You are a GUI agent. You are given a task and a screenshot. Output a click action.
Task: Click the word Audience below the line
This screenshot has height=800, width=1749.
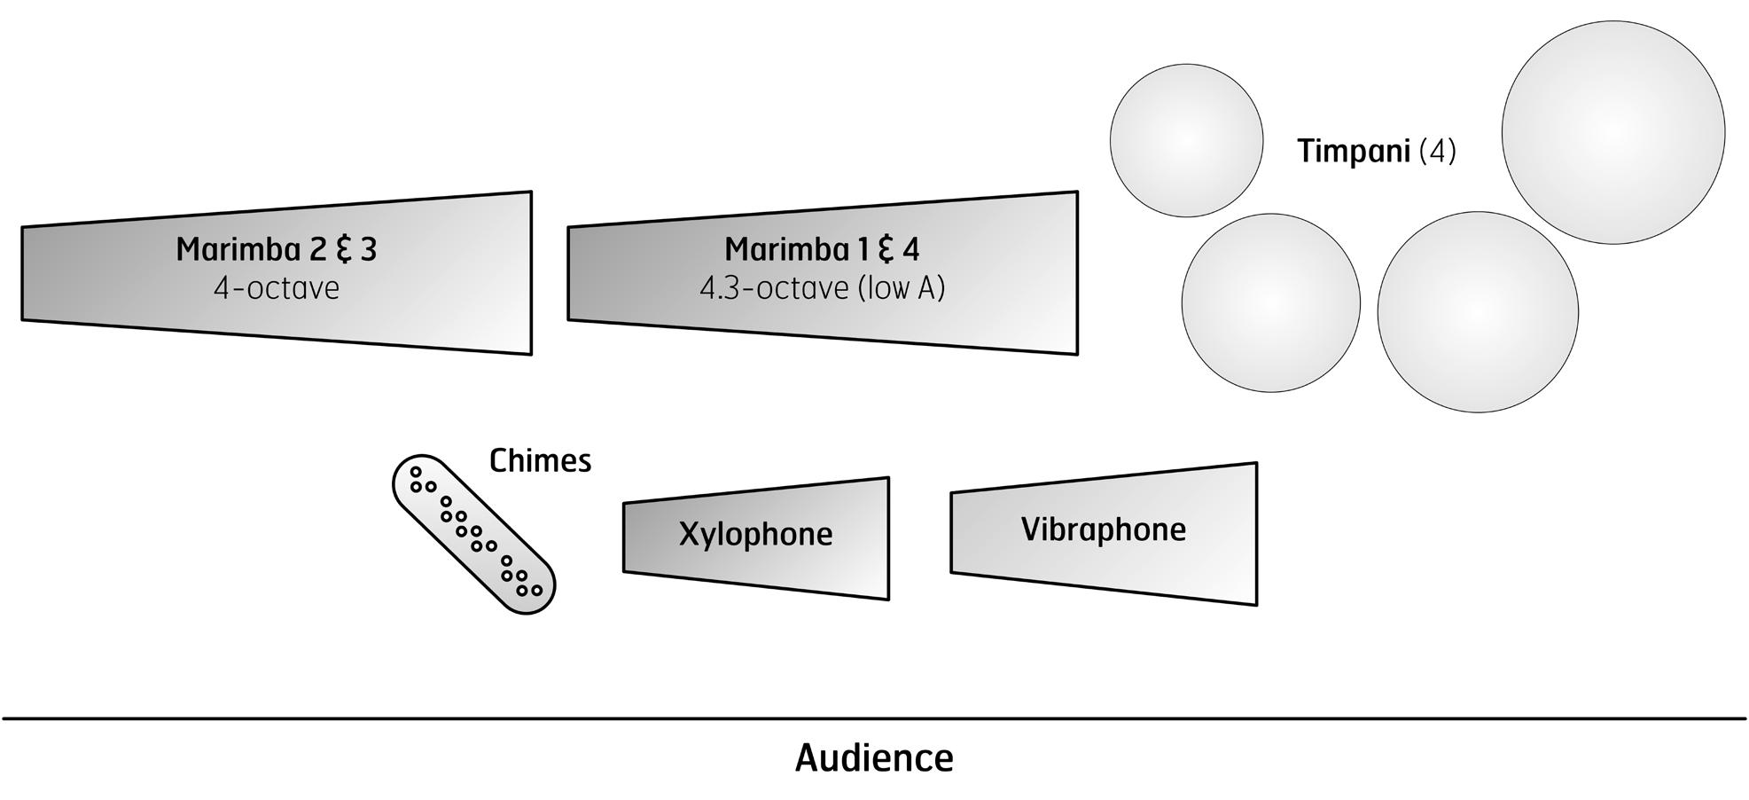tap(874, 758)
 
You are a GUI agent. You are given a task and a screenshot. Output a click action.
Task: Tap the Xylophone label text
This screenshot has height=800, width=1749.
tap(755, 534)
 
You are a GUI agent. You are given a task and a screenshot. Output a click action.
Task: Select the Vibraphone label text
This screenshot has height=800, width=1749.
tap(1103, 529)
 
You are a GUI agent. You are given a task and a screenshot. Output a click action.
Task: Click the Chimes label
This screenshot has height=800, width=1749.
tap(540, 460)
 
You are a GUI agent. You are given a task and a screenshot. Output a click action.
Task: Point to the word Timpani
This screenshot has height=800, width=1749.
tap(1354, 151)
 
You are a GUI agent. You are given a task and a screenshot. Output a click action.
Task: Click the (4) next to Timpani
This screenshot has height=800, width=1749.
tap(1437, 151)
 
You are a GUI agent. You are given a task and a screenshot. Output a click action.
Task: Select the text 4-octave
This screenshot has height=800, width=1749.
tap(276, 288)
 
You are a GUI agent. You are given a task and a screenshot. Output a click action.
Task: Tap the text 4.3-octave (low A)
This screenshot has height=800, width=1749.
tap(822, 288)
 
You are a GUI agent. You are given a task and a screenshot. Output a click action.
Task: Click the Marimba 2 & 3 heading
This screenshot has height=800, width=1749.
tap(276, 249)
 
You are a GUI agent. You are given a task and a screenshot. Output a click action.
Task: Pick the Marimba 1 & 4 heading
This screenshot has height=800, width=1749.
tap(822, 249)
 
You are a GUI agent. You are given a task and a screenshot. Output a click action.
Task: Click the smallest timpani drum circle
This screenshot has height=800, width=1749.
tap(1186, 140)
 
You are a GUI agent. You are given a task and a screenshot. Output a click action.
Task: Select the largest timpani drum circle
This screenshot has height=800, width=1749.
tap(1612, 132)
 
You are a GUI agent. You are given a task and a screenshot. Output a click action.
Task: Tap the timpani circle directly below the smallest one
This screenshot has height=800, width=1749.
tap(1270, 302)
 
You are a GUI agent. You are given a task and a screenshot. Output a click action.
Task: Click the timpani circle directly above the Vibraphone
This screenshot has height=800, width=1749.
tap(1477, 311)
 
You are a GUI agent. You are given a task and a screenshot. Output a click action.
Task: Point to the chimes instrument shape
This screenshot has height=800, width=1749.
tap(473, 534)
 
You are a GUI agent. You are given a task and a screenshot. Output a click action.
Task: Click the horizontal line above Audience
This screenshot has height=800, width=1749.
tap(874, 718)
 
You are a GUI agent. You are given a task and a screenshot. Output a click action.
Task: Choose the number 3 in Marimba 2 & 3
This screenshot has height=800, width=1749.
tap(368, 249)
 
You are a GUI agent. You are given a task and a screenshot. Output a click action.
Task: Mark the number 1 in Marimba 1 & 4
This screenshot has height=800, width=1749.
tap(863, 249)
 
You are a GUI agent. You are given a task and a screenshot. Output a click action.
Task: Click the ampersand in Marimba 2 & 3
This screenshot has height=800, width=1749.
tap(342, 250)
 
